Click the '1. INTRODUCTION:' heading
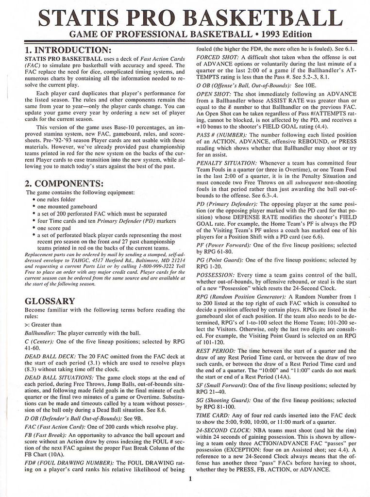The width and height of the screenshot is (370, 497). [x=67, y=50]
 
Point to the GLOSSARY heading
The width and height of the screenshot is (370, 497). [x=50, y=301]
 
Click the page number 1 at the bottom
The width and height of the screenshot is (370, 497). [x=190, y=480]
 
